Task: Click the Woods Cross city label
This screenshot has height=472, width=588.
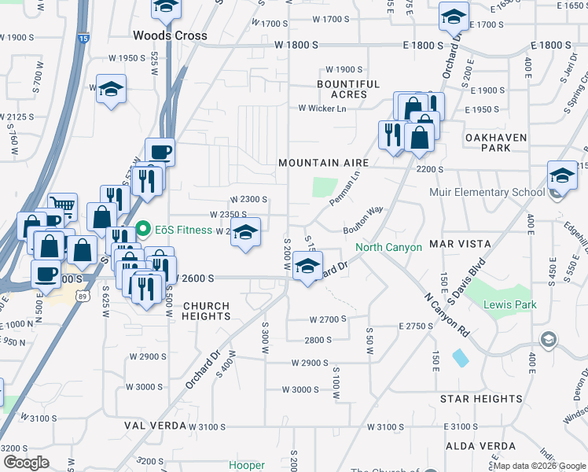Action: click(170, 35)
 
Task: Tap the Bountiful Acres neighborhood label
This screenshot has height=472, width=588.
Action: click(348, 89)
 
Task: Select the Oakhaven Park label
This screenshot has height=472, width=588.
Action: click(495, 142)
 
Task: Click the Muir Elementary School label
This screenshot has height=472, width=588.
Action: click(487, 192)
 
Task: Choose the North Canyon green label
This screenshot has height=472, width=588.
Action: click(388, 247)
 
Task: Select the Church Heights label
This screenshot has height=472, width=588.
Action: click(206, 311)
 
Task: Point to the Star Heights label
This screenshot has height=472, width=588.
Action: click(481, 400)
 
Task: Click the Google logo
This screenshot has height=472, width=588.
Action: click(26, 463)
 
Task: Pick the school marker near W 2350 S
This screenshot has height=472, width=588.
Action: click(245, 234)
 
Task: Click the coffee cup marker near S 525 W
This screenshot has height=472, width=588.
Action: click(160, 152)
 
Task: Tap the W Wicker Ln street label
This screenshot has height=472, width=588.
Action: click(322, 108)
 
